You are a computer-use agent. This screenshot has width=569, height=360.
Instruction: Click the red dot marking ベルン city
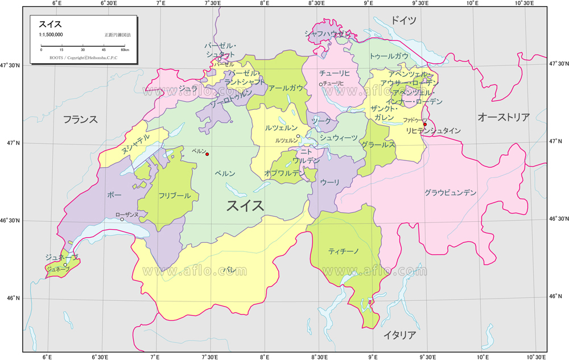(207, 155)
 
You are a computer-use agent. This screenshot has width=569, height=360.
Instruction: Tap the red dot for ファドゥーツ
(424, 124)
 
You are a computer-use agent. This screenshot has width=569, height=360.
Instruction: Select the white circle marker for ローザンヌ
(122, 220)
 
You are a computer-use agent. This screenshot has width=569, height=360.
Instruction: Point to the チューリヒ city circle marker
(321, 84)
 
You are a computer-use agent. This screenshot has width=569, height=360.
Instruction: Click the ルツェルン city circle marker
(298, 136)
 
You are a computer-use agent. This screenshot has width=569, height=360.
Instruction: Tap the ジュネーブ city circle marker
(65, 264)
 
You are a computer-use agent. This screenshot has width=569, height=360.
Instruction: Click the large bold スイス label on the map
(245, 205)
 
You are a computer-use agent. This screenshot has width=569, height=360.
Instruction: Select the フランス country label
(80, 119)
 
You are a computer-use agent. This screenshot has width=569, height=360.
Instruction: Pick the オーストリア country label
(504, 117)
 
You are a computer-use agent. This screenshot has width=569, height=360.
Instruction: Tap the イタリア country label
(399, 335)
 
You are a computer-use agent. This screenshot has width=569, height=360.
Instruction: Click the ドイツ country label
(403, 20)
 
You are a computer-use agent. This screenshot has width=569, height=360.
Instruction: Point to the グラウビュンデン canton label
(450, 193)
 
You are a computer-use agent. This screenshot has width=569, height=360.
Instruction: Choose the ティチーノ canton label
(343, 251)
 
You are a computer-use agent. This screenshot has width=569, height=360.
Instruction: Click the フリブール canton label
(175, 196)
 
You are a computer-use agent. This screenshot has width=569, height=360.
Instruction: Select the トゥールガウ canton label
(389, 56)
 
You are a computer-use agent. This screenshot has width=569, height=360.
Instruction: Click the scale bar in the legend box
(84, 45)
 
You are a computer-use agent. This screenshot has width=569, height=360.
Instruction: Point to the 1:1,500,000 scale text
(51, 35)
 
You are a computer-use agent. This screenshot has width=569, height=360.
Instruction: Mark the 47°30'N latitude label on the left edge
(10, 66)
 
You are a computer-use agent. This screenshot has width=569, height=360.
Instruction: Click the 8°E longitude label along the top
(264, 3)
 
